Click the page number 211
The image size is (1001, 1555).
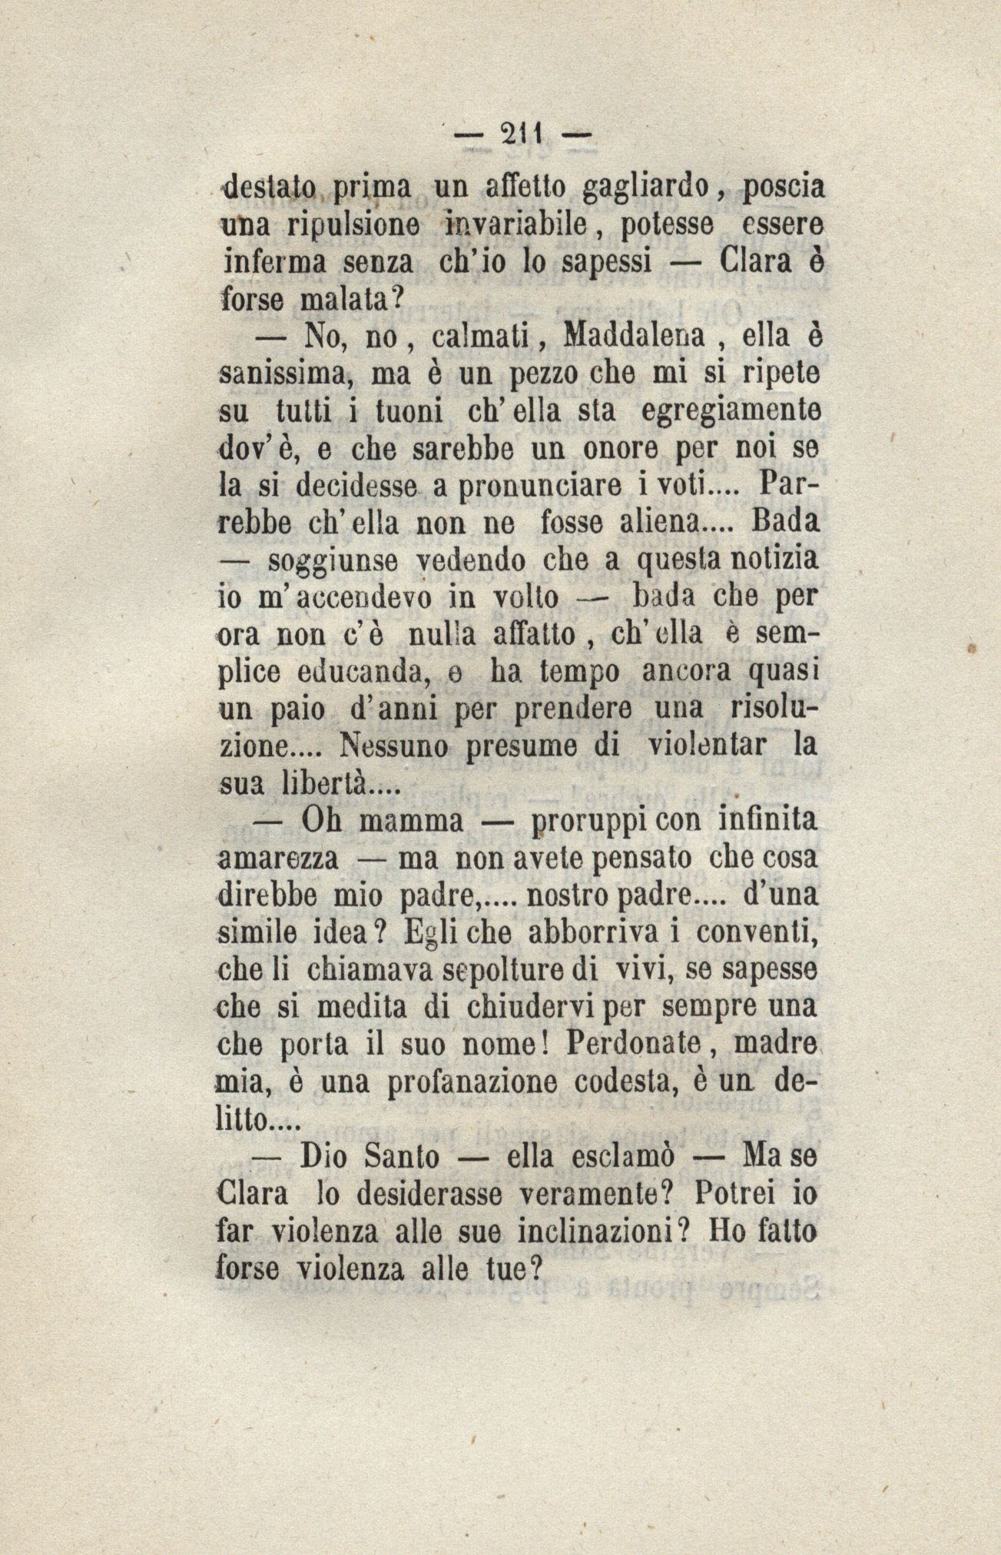click(520, 135)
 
